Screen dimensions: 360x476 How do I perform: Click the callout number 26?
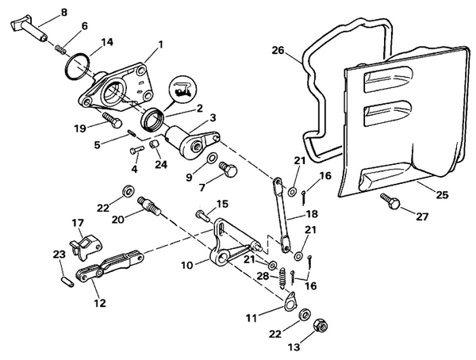[278, 50]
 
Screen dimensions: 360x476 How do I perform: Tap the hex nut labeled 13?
[321, 325]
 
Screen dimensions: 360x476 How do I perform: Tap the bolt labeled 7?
[228, 169]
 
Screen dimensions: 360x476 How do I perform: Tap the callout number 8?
[64, 12]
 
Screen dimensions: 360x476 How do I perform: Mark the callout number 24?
[162, 165]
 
